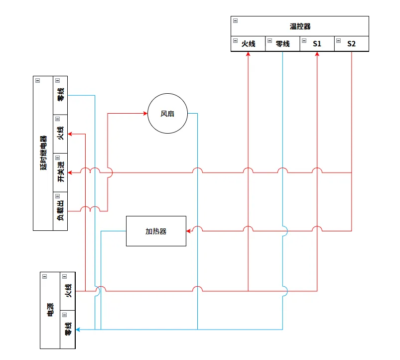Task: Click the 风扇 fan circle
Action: tap(167, 114)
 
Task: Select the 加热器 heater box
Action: tap(156, 231)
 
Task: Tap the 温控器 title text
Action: tap(300, 26)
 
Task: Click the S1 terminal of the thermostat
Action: tap(317, 44)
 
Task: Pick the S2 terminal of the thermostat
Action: tap(351, 44)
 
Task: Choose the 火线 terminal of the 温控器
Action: tap(248, 44)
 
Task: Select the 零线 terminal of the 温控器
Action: tap(282, 44)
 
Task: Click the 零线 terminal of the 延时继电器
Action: tap(60, 95)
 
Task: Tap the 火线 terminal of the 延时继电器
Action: tap(60, 134)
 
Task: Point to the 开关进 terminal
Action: tap(60, 172)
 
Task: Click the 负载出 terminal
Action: tap(60, 211)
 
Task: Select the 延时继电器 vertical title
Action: tap(43, 153)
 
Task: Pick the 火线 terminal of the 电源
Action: tap(68, 291)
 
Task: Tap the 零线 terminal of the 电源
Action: tap(68, 329)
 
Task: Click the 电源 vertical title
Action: tap(50, 310)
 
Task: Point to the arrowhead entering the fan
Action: tap(145, 114)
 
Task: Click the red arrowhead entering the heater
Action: tap(189, 231)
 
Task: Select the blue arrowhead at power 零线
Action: tap(78, 329)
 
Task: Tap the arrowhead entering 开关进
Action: tap(70, 173)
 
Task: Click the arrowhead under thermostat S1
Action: tap(317, 54)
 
